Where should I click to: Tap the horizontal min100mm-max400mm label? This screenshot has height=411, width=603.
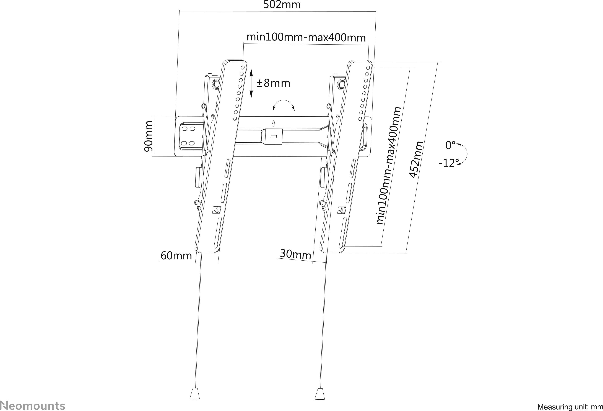pyautogui.click(x=306, y=37)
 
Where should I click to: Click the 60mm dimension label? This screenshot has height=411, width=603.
pyautogui.click(x=176, y=256)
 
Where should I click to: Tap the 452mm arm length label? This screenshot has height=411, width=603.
pyautogui.click(x=416, y=160)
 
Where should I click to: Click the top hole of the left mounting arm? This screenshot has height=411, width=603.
pyautogui.click(x=243, y=68)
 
